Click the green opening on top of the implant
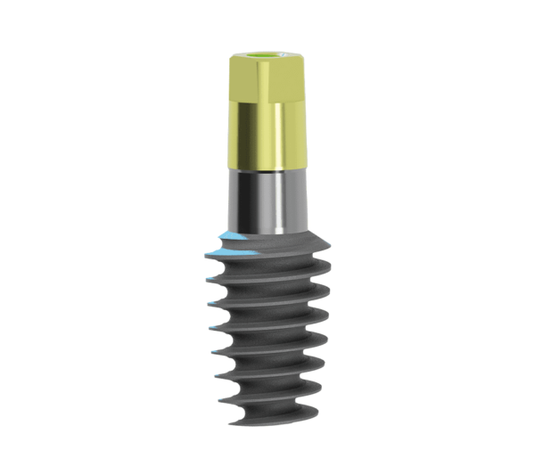click(x=265, y=60)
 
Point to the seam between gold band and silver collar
click(x=265, y=169)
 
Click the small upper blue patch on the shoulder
click(x=230, y=236)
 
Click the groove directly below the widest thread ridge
click(x=267, y=269)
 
